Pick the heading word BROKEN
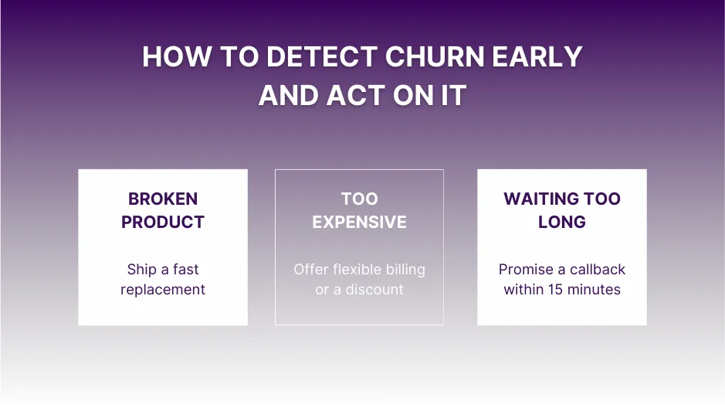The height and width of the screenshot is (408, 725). click(163, 199)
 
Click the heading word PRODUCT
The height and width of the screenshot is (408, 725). click(163, 222)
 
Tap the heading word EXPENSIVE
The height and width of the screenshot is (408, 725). click(359, 222)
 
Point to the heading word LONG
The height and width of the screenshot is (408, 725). click(562, 222)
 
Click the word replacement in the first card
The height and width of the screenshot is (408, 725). click(163, 290)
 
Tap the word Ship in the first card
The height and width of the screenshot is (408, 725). click(141, 270)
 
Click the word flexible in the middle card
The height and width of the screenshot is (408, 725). click(357, 270)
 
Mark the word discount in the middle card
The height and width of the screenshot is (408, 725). click(374, 290)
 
